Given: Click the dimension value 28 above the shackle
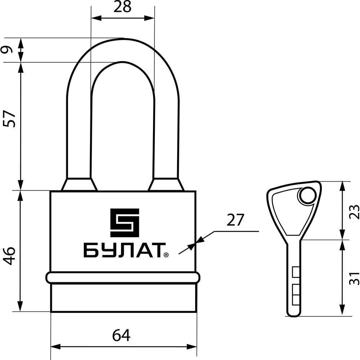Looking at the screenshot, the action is pyautogui.click(x=122, y=6).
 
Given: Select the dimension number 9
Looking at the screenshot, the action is pyautogui.click(x=6, y=49).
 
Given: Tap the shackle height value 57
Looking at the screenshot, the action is pyautogui.click(x=9, y=119).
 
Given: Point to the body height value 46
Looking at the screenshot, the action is pyautogui.click(x=9, y=256).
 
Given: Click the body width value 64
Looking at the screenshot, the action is pyautogui.click(x=121, y=335).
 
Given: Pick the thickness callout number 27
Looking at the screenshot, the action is pyautogui.click(x=235, y=220).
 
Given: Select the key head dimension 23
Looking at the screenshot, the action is pyautogui.click(x=354, y=211).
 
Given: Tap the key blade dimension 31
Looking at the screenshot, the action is pyautogui.click(x=354, y=279).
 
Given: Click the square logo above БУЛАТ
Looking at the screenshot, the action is pyautogui.click(x=125, y=223).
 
